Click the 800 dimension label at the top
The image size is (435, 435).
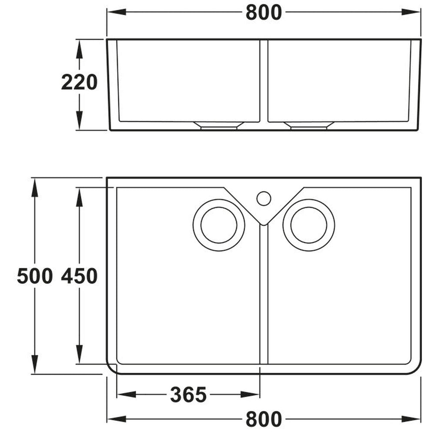point(264,13)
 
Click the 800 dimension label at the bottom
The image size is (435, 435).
point(264,419)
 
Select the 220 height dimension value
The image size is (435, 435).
point(79,82)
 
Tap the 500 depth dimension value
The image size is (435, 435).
point(35,276)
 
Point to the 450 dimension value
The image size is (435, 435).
point(79,276)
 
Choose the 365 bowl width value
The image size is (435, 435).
point(188,395)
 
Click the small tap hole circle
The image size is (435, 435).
point(264,198)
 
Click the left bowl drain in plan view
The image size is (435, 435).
point(219,225)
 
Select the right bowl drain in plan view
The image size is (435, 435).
point(309,225)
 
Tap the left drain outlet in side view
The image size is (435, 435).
point(219,125)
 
